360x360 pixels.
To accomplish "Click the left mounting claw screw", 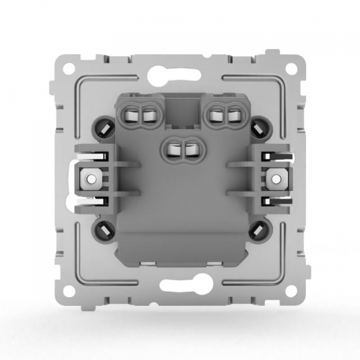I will click(x=91, y=177).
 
